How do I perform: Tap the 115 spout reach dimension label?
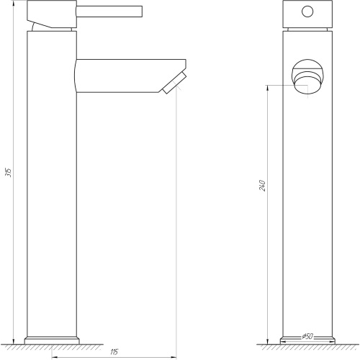114,352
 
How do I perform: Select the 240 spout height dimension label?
263,186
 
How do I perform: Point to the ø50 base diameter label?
307,336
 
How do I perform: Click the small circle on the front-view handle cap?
307,12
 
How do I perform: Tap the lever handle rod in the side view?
109,12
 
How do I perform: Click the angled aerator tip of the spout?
174,83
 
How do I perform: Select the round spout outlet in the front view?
307,77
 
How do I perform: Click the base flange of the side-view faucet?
52,341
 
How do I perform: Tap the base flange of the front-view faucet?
307,341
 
